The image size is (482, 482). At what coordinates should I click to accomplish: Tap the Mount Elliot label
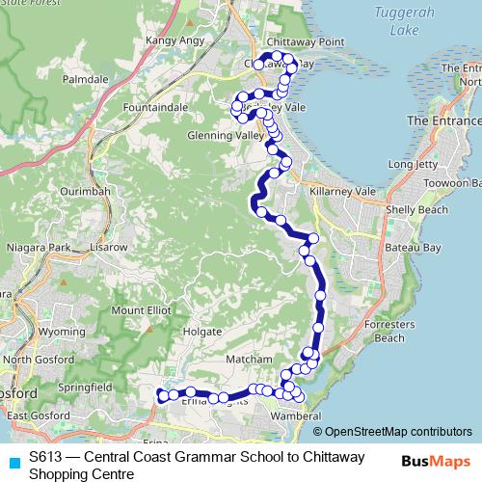point(140,310)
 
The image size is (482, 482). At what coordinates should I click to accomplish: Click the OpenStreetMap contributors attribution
point(398,431)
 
